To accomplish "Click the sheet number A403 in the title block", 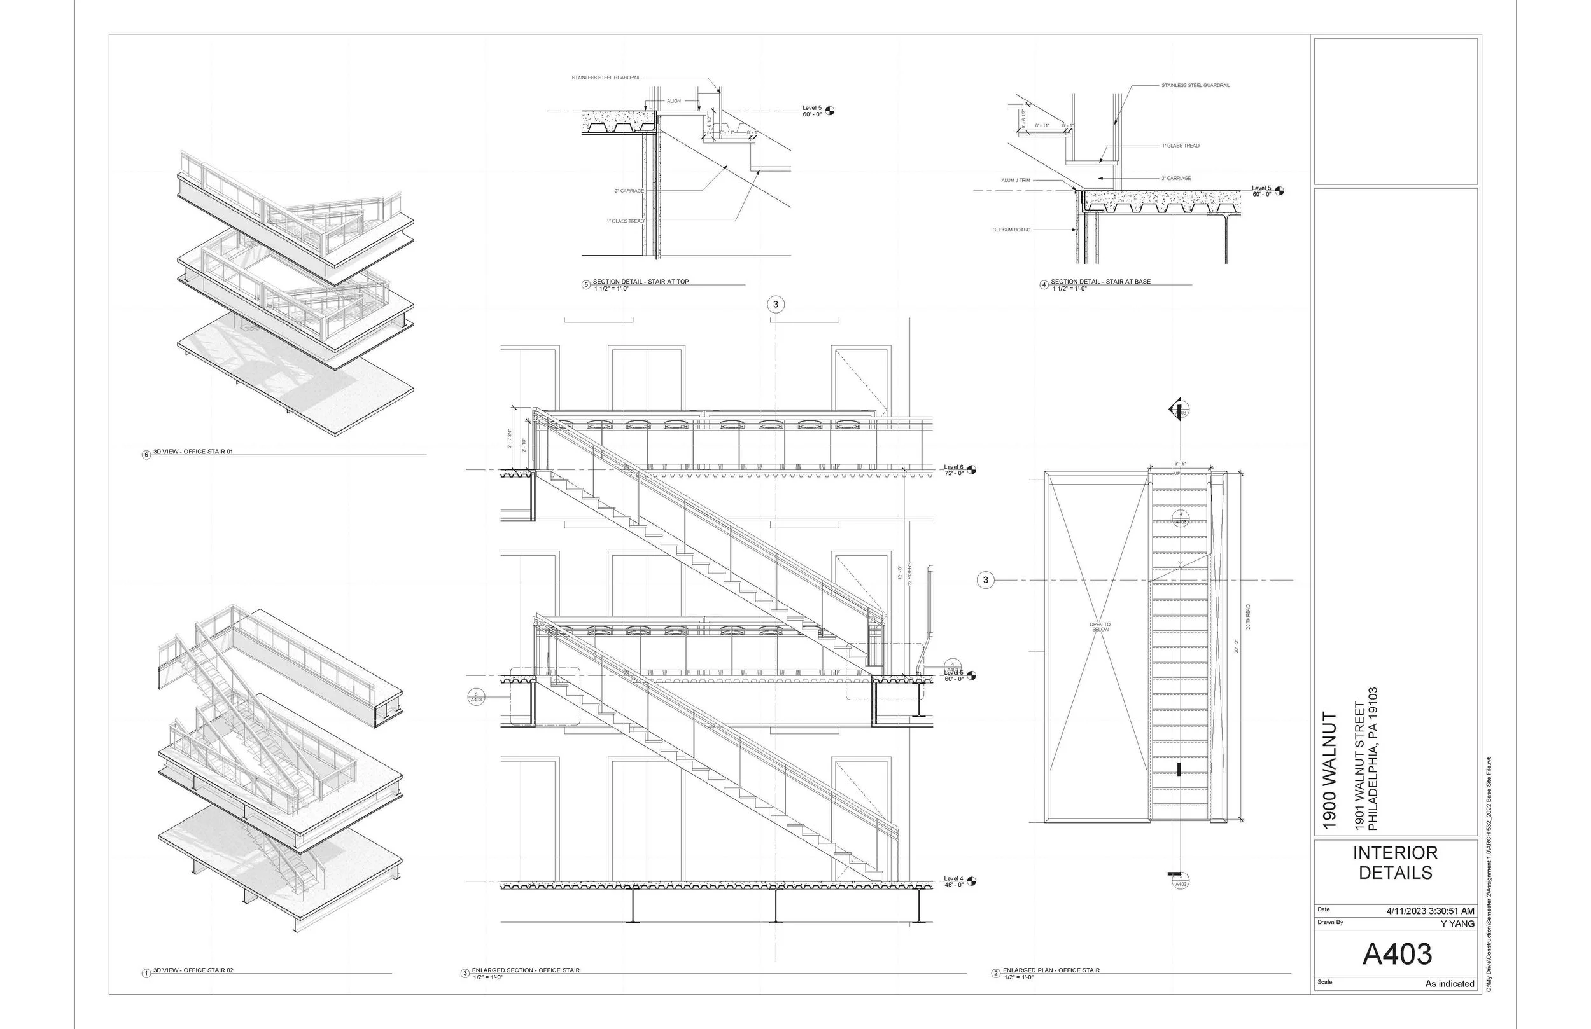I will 1396,954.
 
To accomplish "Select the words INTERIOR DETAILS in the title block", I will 1395,862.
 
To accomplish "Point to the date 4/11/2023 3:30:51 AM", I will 1431,911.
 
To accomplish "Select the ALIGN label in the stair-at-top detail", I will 673,101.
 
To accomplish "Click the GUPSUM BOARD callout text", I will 1011,230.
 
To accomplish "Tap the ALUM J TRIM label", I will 1016,181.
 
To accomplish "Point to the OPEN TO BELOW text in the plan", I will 1100,627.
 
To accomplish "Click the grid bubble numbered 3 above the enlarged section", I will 775,305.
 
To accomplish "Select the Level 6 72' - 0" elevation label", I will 953,470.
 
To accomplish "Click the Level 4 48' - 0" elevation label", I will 953,881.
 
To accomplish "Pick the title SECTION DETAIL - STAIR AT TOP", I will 640,282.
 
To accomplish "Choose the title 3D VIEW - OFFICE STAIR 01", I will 193,452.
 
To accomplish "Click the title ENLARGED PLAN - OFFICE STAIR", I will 1051,970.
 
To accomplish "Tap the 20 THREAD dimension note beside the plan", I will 1247,617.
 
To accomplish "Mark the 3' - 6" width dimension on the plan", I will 1181,464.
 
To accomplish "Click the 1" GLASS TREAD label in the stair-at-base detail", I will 1181,146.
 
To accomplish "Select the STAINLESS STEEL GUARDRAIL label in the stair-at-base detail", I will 1195,85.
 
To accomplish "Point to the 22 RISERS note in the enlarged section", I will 909,573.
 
